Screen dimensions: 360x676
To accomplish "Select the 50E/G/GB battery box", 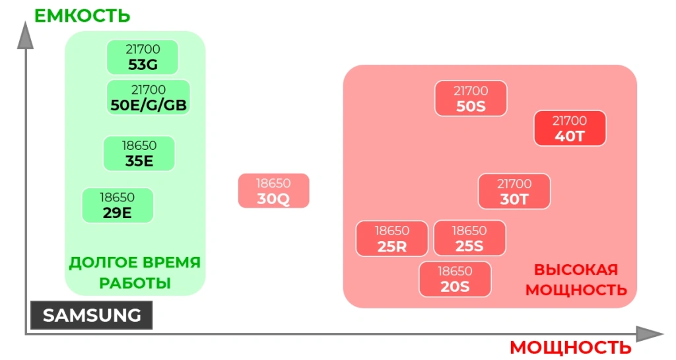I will click(148, 98).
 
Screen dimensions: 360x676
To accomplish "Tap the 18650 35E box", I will click(139, 153).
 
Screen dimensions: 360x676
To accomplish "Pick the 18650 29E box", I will click(118, 205).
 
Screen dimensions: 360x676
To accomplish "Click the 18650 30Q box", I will click(273, 191).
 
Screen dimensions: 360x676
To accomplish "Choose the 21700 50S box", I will click(471, 98).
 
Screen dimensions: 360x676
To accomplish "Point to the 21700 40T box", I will click(570, 128).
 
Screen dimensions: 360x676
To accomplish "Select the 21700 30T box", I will click(514, 191).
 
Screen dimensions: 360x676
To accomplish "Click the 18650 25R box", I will click(392, 238).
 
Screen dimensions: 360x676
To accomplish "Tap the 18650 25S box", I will click(469, 238).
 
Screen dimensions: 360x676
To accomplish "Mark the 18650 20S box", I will click(455, 279).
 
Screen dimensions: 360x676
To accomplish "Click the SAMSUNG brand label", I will click(92, 316).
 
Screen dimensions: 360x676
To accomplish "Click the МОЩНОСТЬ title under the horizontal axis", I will click(570, 347).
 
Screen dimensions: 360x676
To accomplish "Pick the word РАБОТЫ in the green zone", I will click(135, 283).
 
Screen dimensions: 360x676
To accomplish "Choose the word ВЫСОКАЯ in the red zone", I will click(576, 270).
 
